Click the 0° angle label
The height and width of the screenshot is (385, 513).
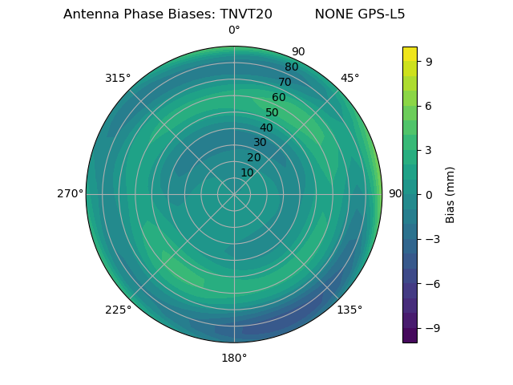pos(234,30)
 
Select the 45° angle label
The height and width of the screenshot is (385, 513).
pos(349,78)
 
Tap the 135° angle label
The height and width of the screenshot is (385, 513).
pos(349,310)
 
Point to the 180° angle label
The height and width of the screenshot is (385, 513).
pos(234,358)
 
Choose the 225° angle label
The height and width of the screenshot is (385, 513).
pos(118,310)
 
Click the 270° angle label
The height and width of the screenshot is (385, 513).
pos(70,194)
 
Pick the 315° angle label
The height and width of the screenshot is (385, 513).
pos(118,78)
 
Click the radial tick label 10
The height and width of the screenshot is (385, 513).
pos(247,172)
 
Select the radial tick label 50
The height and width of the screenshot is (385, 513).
pos(272,112)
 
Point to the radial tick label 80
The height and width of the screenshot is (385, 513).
pos(291,67)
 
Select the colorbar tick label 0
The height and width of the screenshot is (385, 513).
pos(429,194)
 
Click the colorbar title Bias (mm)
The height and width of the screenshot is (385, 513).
pos(450,194)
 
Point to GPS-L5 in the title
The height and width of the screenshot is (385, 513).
pos(378,14)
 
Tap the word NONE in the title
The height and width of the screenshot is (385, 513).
pos(332,14)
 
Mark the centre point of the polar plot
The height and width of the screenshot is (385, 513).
pos(234,194)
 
